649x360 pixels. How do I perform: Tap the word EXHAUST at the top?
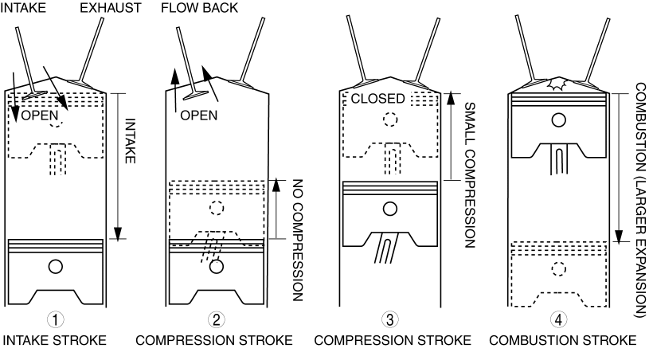(x=110, y=6)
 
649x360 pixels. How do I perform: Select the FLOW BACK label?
(x=195, y=6)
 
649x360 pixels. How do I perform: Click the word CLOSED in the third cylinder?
(x=378, y=99)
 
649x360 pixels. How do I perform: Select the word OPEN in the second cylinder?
(x=199, y=115)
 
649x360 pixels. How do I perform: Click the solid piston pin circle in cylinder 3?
(x=390, y=209)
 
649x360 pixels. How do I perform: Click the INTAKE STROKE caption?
(x=54, y=341)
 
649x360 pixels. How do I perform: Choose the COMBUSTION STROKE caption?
(x=561, y=341)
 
